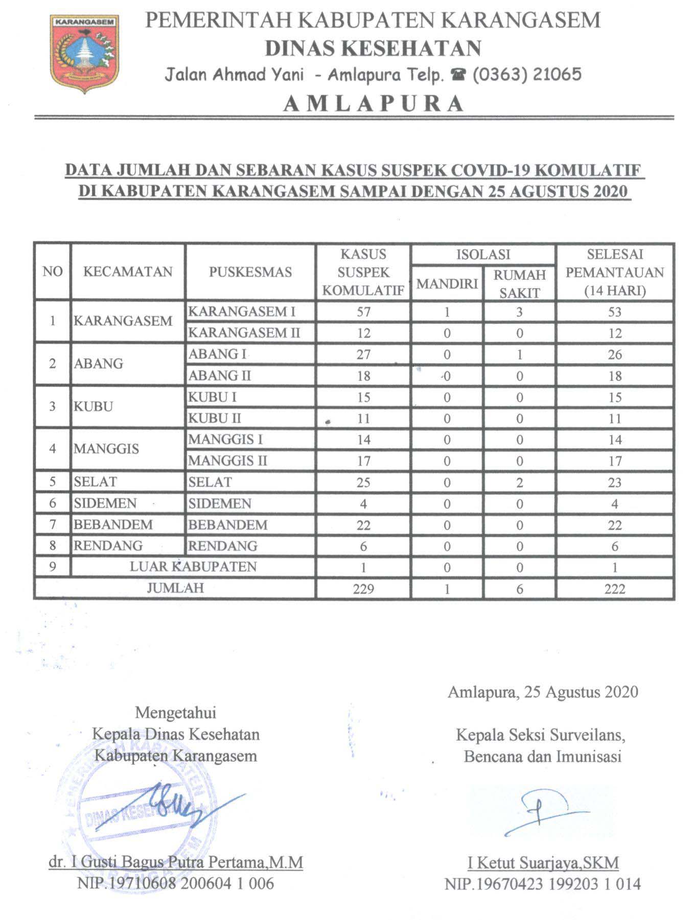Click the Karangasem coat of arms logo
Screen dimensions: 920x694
pyautogui.click(x=85, y=53)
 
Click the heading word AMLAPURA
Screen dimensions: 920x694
pyautogui.click(x=373, y=104)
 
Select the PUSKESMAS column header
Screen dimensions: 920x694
pyautogui.click(x=250, y=272)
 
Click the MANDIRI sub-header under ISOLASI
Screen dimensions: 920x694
pyautogui.click(x=447, y=284)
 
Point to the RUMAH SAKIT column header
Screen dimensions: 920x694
pyautogui.click(x=519, y=284)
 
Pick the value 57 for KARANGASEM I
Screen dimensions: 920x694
pyautogui.click(x=363, y=311)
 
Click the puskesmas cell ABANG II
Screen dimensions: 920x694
pyautogui.click(x=220, y=376)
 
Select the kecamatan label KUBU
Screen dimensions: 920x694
pyautogui.click(x=93, y=407)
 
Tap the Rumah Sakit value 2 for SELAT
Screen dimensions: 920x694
pyautogui.click(x=519, y=482)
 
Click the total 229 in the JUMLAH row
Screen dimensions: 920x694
pyautogui.click(x=363, y=589)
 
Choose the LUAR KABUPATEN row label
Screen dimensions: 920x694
pyautogui.click(x=193, y=567)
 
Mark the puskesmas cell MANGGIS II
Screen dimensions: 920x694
pyautogui.click(x=227, y=461)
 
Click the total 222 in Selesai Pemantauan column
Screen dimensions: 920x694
pyautogui.click(x=614, y=589)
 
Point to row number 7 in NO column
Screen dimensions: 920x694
pyautogui.click(x=52, y=525)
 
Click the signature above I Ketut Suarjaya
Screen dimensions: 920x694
pyautogui.click(x=542, y=811)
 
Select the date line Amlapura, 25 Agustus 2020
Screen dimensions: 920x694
pyautogui.click(x=543, y=692)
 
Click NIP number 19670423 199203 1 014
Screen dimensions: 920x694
pyautogui.click(x=543, y=884)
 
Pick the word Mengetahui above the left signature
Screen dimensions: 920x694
pyautogui.click(x=175, y=712)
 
